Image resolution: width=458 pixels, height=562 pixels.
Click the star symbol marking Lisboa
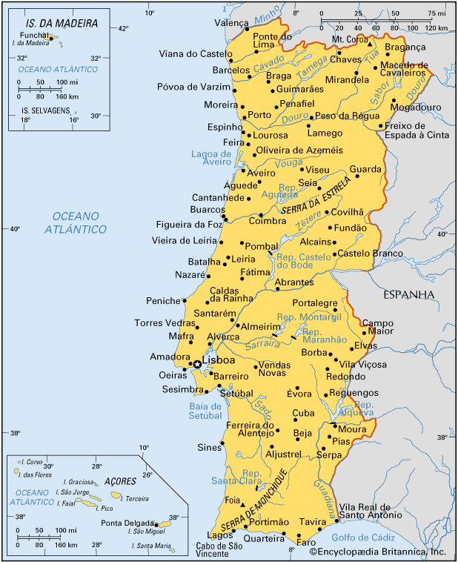(x=197, y=363)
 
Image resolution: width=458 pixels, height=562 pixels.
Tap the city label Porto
(x=259, y=115)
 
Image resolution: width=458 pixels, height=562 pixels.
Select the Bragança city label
(x=405, y=47)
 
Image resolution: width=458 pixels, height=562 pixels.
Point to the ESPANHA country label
(x=408, y=294)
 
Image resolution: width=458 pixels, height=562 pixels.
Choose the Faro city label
(x=306, y=541)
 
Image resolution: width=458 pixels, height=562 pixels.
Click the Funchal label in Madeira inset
(x=35, y=34)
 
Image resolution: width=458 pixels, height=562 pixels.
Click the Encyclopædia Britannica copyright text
(x=377, y=552)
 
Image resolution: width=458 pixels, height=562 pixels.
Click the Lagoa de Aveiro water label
(x=211, y=157)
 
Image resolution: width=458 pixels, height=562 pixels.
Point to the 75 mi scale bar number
(x=436, y=13)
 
